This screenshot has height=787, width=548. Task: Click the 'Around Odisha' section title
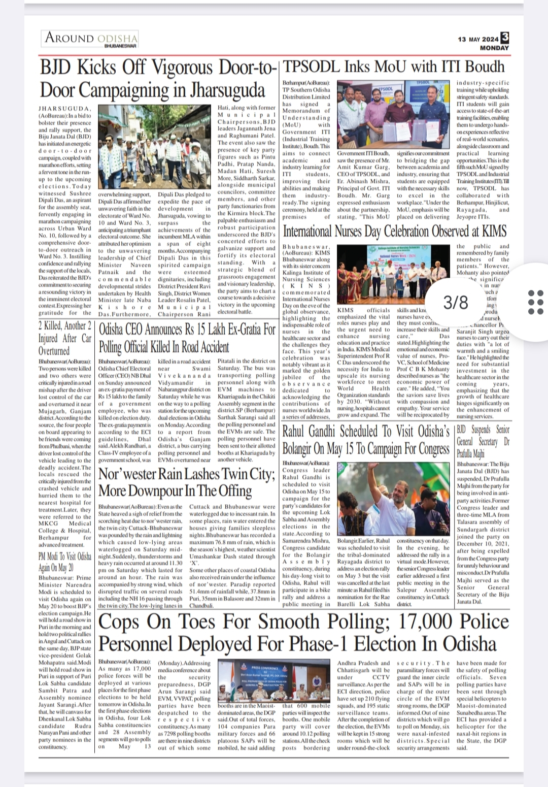91,38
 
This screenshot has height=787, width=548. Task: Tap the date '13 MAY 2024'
478,39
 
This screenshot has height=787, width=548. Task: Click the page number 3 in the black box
504,37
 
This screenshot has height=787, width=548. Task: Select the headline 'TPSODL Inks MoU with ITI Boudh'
394,67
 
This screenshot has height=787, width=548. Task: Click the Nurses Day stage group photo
393,275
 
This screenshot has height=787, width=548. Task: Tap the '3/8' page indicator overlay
455,303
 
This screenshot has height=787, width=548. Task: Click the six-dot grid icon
536,303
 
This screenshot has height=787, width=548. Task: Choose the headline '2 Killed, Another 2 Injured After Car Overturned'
65,338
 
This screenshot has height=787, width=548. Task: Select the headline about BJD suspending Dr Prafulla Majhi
483,442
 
